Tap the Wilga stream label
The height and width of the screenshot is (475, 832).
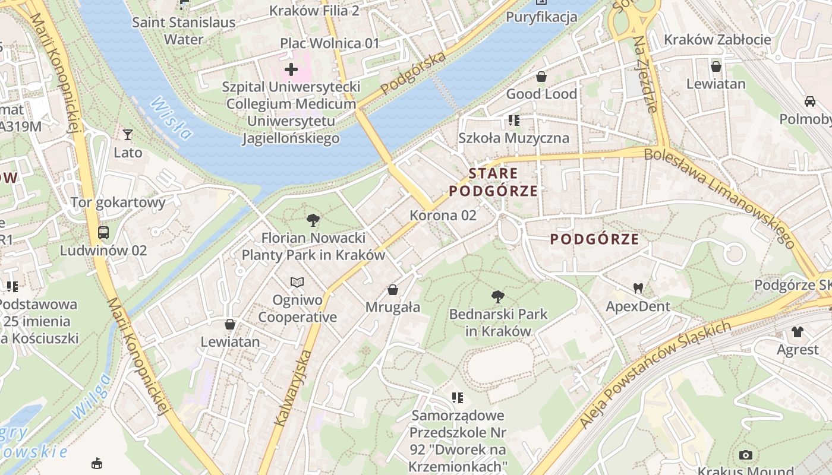pyautogui.click(x=90, y=397)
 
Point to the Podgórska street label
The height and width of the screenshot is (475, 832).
pyautogui.click(x=413, y=73)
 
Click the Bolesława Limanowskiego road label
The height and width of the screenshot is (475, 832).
pyautogui.click(x=720, y=197)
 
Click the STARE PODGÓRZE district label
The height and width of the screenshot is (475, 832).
pyautogui.click(x=493, y=182)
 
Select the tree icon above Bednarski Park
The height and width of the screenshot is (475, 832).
pyautogui.click(x=498, y=296)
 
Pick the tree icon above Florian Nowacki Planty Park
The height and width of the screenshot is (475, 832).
pyautogui.click(x=313, y=221)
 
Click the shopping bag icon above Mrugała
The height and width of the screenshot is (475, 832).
pyautogui.click(x=392, y=290)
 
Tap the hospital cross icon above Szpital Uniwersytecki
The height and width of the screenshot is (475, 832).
pyautogui.click(x=291, y=69)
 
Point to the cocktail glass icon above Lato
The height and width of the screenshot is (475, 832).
pyautogui.click(x=128, y=135)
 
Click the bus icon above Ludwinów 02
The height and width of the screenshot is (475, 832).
pyautogui.click(x=103, y=232)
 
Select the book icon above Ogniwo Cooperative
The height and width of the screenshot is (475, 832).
pyautogui.click(x=297, y=282)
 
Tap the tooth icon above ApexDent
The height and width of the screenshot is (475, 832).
pyautogui.click(x=638, y=289)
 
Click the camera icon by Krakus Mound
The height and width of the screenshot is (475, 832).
pyautogui.click(x=745, y=455)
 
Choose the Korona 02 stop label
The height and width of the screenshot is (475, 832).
pyautogui.click(x=443, y=215)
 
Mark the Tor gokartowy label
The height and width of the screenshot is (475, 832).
pyautogui.click(x=118, y=202)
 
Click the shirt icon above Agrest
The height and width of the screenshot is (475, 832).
pyautogui.click(x=798, y=332)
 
